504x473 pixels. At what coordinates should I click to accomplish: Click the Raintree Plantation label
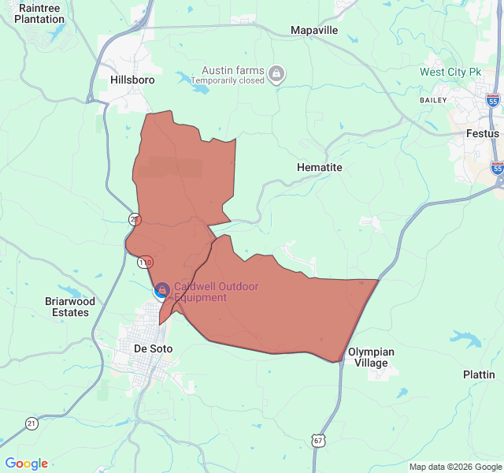point(39,13)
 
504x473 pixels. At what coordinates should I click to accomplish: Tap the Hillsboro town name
point(132,80)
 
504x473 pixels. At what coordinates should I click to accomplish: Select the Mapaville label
point(314,30)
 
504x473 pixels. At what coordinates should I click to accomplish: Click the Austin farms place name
point(233,69)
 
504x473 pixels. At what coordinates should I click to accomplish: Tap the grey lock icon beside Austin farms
point(276,75)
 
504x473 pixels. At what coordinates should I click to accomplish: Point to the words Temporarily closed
point(228,80)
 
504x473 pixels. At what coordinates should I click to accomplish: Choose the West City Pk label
point(450,72)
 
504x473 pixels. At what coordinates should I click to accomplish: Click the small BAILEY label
point(433,100)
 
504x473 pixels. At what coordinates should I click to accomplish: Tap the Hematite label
point(320,168)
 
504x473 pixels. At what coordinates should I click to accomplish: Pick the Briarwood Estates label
point(69,307)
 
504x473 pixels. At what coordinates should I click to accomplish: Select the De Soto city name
point(154,348)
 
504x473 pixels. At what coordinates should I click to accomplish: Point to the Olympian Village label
point(368,357)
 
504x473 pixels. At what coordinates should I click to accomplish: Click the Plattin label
point(479,374)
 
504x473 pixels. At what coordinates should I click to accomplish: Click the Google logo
point(27,464)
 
